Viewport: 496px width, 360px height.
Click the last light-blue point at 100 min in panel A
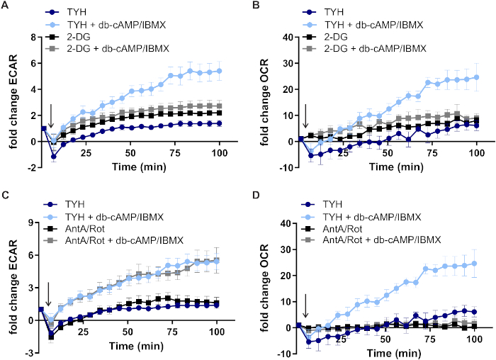click(x=219, y=71)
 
